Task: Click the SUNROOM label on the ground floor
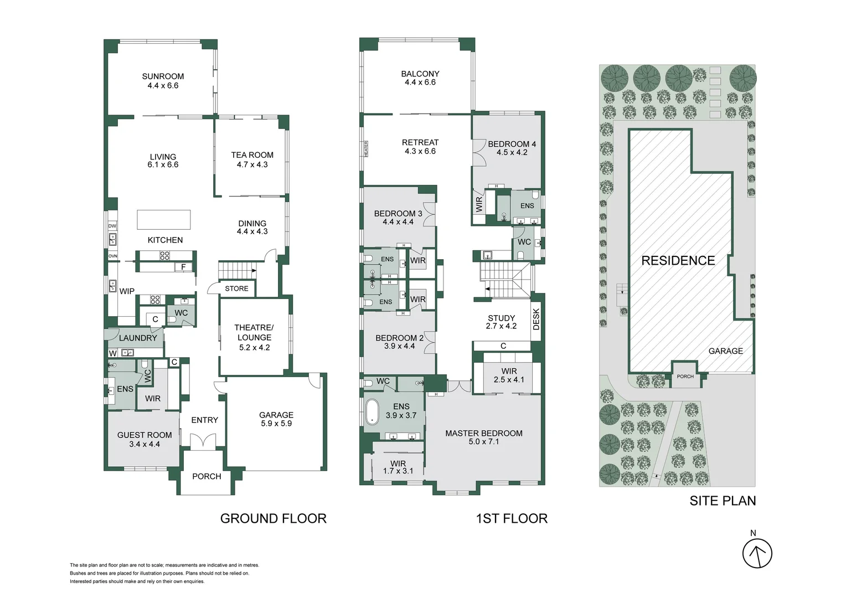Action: click(163, 76)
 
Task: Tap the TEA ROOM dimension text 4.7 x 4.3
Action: click(252, 164)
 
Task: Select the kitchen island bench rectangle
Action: click(163, 219)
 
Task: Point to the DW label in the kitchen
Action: click(112, 226)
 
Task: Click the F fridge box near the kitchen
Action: click(183, 267)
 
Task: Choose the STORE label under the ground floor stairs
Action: click(236, 288)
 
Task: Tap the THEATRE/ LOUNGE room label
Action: click(254, 332)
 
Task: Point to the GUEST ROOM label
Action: click(145, 435)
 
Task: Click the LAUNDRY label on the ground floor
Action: click(138, 338)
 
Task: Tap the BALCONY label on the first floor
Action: click(420, 74)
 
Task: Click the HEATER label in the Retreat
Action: click(366, 148)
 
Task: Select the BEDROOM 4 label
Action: click(512, 144)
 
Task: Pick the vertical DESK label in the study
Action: click(536, 319)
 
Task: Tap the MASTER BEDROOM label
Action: click(484, 433)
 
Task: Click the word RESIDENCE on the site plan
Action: click(678, 260)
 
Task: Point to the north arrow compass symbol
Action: click(757, 553)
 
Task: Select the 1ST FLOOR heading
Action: click(512, 518)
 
